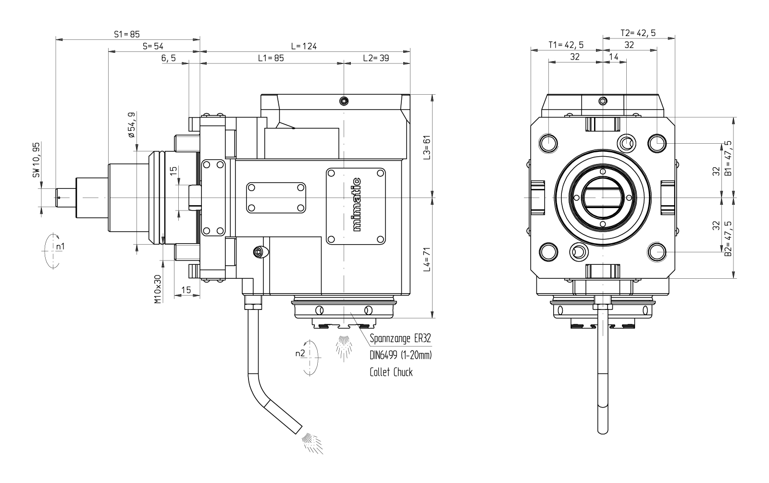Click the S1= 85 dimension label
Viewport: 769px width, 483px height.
point(126,34)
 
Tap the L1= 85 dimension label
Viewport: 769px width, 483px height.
point(271,58)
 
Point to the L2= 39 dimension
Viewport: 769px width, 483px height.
point(376,58)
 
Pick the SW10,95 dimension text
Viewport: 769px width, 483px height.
point(36,161)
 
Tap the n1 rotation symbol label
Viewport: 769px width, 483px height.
point(60,247)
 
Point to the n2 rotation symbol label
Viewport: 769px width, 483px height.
point(300,354)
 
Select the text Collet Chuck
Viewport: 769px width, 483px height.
point(391,372)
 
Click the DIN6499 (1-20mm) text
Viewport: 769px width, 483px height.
point(401,356)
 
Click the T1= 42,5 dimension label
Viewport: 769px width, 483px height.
point(566,45)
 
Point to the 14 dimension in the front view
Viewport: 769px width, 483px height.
point(614,57)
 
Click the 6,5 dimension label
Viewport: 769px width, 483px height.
point(169,58)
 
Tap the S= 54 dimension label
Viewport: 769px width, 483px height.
point(153,46)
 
